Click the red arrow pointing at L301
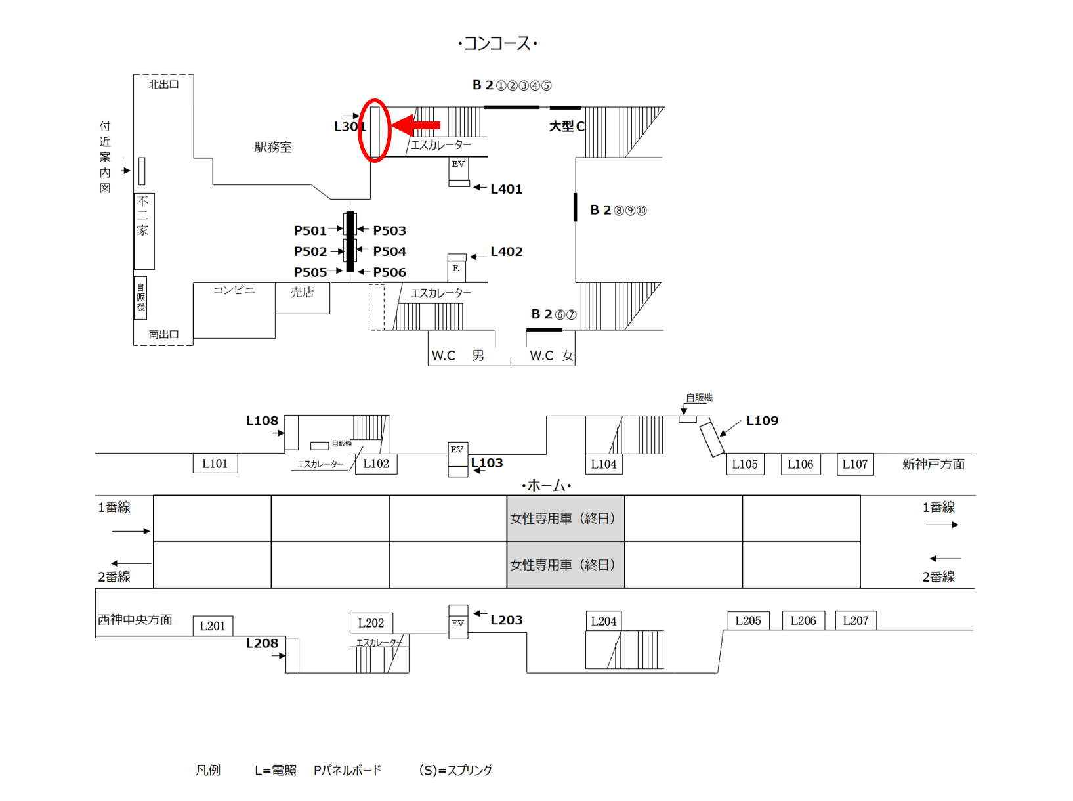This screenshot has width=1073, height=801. pyautogui.click(x=416, y=125)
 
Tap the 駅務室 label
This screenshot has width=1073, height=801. pyautogui.click(x=273, y=147)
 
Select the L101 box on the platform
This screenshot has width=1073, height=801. pyautogui.click(x=215, y=464)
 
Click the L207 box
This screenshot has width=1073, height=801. pyautogui.click(x=855, y=620)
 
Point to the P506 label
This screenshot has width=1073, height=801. pyautogui.click(x=389, y=272)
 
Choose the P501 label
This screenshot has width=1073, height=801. pyautogui.click(x=310, y=230)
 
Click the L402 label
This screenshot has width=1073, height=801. pyautogui.click(x=507, y=251)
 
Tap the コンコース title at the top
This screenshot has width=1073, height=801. pyautogui.click(x=497, y=43)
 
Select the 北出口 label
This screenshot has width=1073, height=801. pyautogui.click(x=163, y=84)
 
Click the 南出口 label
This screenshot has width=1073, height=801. pyautogui.click(x=163, y=334)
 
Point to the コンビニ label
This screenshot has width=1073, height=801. pyautogui.click(x=234, y=290)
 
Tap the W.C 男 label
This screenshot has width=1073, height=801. pyautogui.click(x=458, y=356)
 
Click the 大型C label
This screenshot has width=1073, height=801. pyautogui.click(x=566, y=126)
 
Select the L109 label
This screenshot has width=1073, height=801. pyautogui.click(x=762, y=421)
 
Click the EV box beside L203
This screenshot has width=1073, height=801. pyautogui.click(x=458, y=622)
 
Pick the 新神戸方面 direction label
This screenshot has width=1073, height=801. pyautogui.click(x=933, y=464)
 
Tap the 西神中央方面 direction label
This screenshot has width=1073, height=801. pyautogui.click(x=135, y=619)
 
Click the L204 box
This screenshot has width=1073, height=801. pyautogui.click(x=604, y=621)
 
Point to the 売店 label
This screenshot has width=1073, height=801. pyautogui.click(x=302, y=292)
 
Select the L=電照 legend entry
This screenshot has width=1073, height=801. pyautogui.click(x=276, y=770)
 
